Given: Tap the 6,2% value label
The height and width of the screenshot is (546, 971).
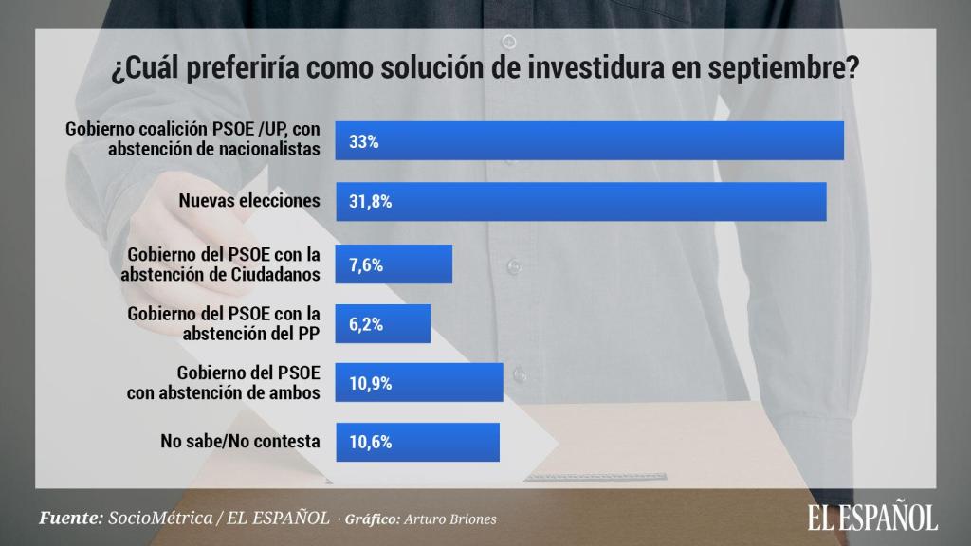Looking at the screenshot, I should pyautogui.click(x=366, y=324).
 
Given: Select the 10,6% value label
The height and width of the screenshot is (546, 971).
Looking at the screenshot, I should pyautogui.click(x=371, y=442).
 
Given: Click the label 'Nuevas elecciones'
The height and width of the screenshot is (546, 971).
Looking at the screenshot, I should pyautogui.click(x=249, y=201).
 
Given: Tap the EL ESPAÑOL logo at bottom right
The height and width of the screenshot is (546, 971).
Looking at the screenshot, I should pyautogui.click(x=872, y=516).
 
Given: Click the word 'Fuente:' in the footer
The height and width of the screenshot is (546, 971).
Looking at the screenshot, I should pyautogui.click(x=70, y=519).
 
